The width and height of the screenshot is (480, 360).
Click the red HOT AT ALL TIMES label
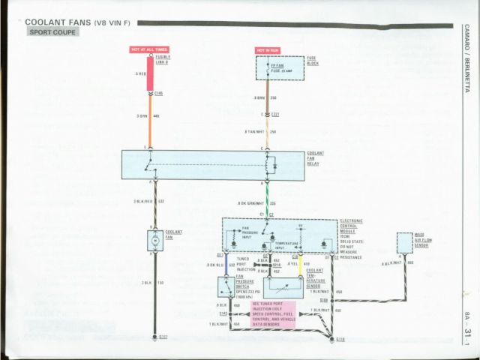(x=149, y=49)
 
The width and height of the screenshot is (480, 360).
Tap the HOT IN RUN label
(x=267, y=50)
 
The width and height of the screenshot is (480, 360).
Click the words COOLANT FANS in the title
(x=57, y=22)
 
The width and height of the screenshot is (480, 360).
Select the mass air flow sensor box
(x=404, y=241)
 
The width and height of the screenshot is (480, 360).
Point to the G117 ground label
(x=163, y=337)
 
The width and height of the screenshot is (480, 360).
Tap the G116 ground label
(x=340, y=340)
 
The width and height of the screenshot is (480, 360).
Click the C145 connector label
(x=158, y=93)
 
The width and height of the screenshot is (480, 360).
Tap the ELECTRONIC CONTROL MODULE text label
(x=351, y=226)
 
